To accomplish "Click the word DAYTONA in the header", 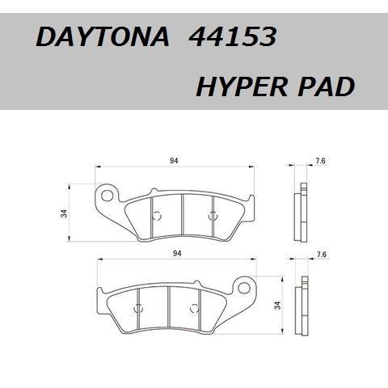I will point(103,38).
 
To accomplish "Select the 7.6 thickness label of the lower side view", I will point(321,255).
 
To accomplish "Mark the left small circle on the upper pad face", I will point(158,214).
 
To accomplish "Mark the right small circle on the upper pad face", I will point(213,214).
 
